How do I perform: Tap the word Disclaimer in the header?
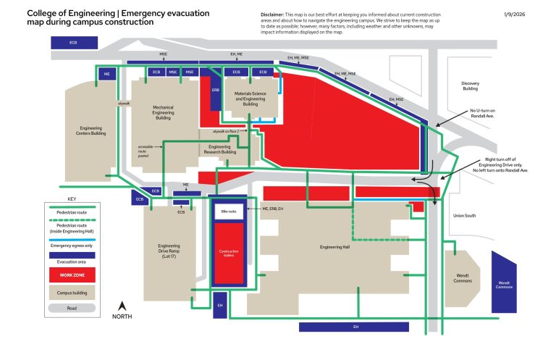click(x=274, y=14)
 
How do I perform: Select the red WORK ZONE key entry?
click(x=72, y=275)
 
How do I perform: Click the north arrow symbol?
click(x=122, y=307)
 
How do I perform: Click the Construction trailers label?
click(x=229, y=253)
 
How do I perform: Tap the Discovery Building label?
click(x=470, y=86)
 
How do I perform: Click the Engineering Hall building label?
click(x=335, y=247)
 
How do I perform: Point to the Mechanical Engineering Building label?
click(x=163, y=112)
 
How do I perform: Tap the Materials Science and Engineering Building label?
click(x=250, y=99)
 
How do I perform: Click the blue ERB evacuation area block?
click(x=215, y=91)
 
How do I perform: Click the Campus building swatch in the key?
click(x=72, y=292)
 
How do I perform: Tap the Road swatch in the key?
click(x=72, y=308)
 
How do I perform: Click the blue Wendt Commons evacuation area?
click(x=504, y=282)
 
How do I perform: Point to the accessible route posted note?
click(x=143, y=151)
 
